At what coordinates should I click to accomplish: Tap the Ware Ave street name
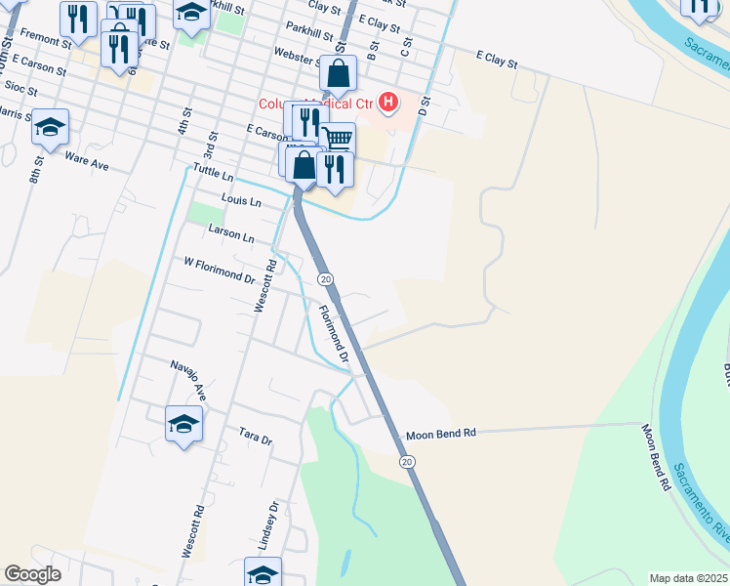click(86, 161)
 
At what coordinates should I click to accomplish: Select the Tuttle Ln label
click(214, 172)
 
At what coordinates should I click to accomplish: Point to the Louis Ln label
click(241, 201)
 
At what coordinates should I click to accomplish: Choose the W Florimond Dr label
click(213, 269)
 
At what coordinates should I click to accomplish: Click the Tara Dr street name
click(255, 436)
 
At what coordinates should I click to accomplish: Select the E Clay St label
click(496, 60)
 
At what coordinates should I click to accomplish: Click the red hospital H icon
click(389, 102)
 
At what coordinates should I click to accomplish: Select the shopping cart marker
click(338, 139)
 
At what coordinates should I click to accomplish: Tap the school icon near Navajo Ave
click(182, 424)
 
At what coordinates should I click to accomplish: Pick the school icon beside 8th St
click(50, 126)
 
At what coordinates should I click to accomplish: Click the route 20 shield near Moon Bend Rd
click(407, 461)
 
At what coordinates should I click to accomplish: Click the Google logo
click(33, 574)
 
